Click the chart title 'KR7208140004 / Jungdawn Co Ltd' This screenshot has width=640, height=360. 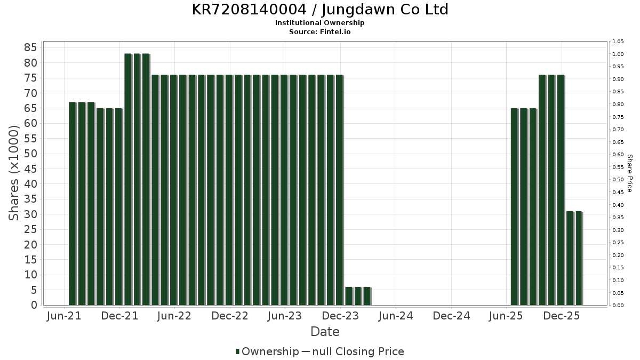[x=319, y=10]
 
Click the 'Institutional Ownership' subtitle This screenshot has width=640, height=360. [x=319, y=23]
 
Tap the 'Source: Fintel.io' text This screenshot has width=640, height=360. [x=319, y=32]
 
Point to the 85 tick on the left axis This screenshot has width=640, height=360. [x=30, y=47]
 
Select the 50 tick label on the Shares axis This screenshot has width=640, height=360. [x=30, y=154]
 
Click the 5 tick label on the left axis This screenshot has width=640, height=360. [x=34, y=290]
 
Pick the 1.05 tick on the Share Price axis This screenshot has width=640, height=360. [x=619, y=42]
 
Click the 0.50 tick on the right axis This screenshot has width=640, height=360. [x=619, y=180]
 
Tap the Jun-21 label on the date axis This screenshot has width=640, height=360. [x=64, y=316]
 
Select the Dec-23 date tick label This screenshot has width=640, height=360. [x=341, y=316]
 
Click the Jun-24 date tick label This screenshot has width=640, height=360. [x=396, y=316]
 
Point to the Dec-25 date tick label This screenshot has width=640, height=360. [x=562, y=316]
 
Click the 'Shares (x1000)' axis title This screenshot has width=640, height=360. [x=14, y=173]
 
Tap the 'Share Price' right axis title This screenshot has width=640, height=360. [x=629, y=173]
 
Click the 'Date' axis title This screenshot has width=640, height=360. [x=325, y=332]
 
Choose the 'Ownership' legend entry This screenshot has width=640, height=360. [x=270, y=351]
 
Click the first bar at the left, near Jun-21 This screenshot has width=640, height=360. [x=73, y=203]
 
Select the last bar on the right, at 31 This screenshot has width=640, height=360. [x=579, y=258]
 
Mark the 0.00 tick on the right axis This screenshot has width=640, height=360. [x=619, y=306]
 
